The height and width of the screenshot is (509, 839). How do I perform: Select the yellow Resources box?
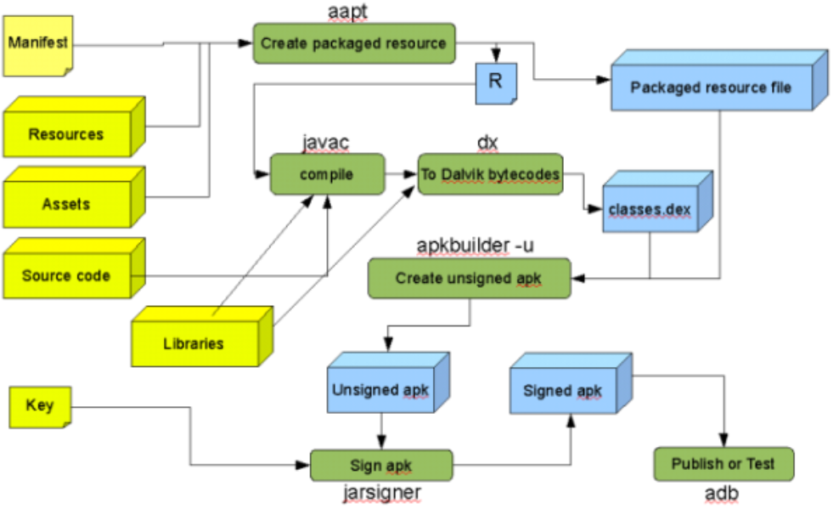pyautogui.click(x=66, y=133)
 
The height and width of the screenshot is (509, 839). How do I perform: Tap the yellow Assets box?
pyautogui.click(x=66, y=204)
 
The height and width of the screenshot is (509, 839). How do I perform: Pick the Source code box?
pyautogui.click(x=66, y=275)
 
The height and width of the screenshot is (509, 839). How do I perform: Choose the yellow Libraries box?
pyautogui.click(x=194, y=343)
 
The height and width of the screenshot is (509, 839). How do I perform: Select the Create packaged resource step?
pyautogui.click(x=353, y=43)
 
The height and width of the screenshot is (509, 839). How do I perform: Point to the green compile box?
pyautogui.click(x=326, y=174)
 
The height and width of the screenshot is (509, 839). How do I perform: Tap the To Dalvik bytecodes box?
pyautogui.click(x=490, y=174)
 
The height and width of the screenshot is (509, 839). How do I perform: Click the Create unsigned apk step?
pyautogui.click(x=469, y=278)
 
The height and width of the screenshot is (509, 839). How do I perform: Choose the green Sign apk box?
pyautogui.click(x=380, y=466)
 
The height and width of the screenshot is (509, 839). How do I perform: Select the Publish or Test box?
pyautogui.click(x=724, y=464)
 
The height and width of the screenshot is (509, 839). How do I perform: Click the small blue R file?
pyautogui.click(x=493, y=82)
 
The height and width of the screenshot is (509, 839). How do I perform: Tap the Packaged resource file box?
pyautogui.click(x=711, y=88)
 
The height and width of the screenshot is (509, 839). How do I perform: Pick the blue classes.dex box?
pyautogui.click(x=649, y=207)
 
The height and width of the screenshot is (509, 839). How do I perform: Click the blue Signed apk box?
pyautogui.click(x=563, y=390)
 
